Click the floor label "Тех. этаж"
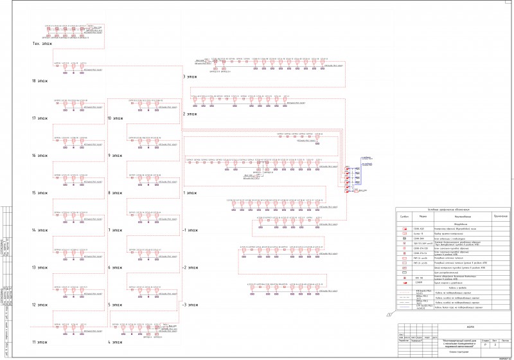tap(42, 44)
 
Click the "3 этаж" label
tap(191, 77)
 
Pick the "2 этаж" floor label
tap(191, 114)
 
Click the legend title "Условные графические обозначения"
tap(446, 210)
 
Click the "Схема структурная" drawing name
tap(457, 352)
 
